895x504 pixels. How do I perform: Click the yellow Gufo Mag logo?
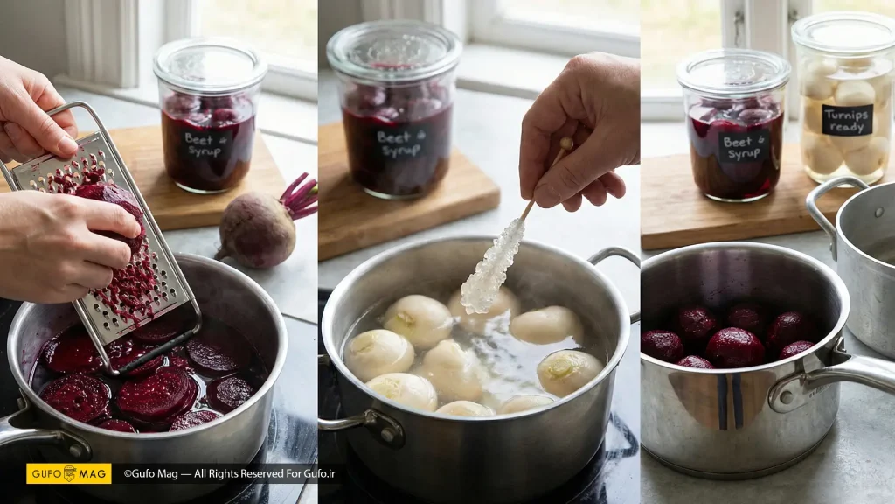click(68, 473)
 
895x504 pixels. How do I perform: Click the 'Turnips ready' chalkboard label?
click(847, 120)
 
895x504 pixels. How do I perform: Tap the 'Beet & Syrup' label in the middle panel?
click(401, 144)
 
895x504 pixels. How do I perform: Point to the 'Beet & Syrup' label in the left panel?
click(205, 146)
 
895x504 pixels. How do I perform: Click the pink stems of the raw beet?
click(299, 196)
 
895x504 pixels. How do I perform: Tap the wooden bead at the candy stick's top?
click(565, 143)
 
